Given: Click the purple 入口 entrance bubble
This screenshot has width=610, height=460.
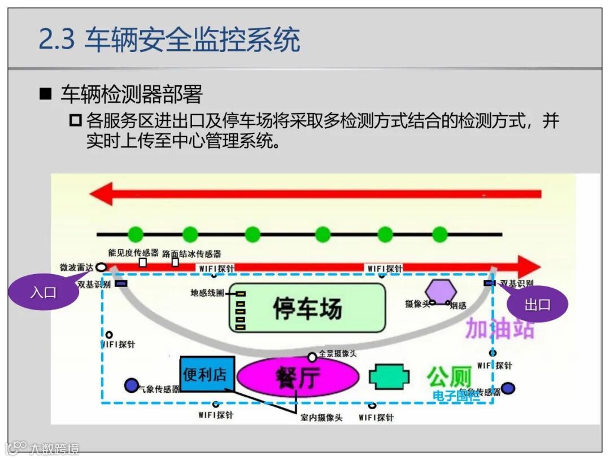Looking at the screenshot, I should click(x=43, y=292).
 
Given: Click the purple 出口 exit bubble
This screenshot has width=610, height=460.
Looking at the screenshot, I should click(x=537, y=305).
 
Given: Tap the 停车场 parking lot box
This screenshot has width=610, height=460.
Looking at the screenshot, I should click(x=307, y=309).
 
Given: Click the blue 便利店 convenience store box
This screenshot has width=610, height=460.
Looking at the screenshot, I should click(x=207, y=374).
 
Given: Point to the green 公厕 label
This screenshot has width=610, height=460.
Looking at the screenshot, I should click(x=449, y=376).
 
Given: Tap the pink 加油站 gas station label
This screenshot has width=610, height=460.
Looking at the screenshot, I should click(x=499, y=328).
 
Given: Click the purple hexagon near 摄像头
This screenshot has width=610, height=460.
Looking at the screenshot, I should click(x=441, y=292).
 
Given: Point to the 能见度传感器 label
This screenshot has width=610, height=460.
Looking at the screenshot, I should click(x=133, y=253).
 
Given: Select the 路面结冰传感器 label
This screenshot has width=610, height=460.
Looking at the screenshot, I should click(x=191, y=254).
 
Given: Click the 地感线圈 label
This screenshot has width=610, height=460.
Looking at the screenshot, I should click(x=207, y=293).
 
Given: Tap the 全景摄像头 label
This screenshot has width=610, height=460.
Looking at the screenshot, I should click(x=338, y=354).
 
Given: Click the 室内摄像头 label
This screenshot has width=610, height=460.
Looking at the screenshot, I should click(x=321, y=418).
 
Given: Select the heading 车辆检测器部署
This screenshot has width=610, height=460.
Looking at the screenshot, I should click(x=131, y=94).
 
